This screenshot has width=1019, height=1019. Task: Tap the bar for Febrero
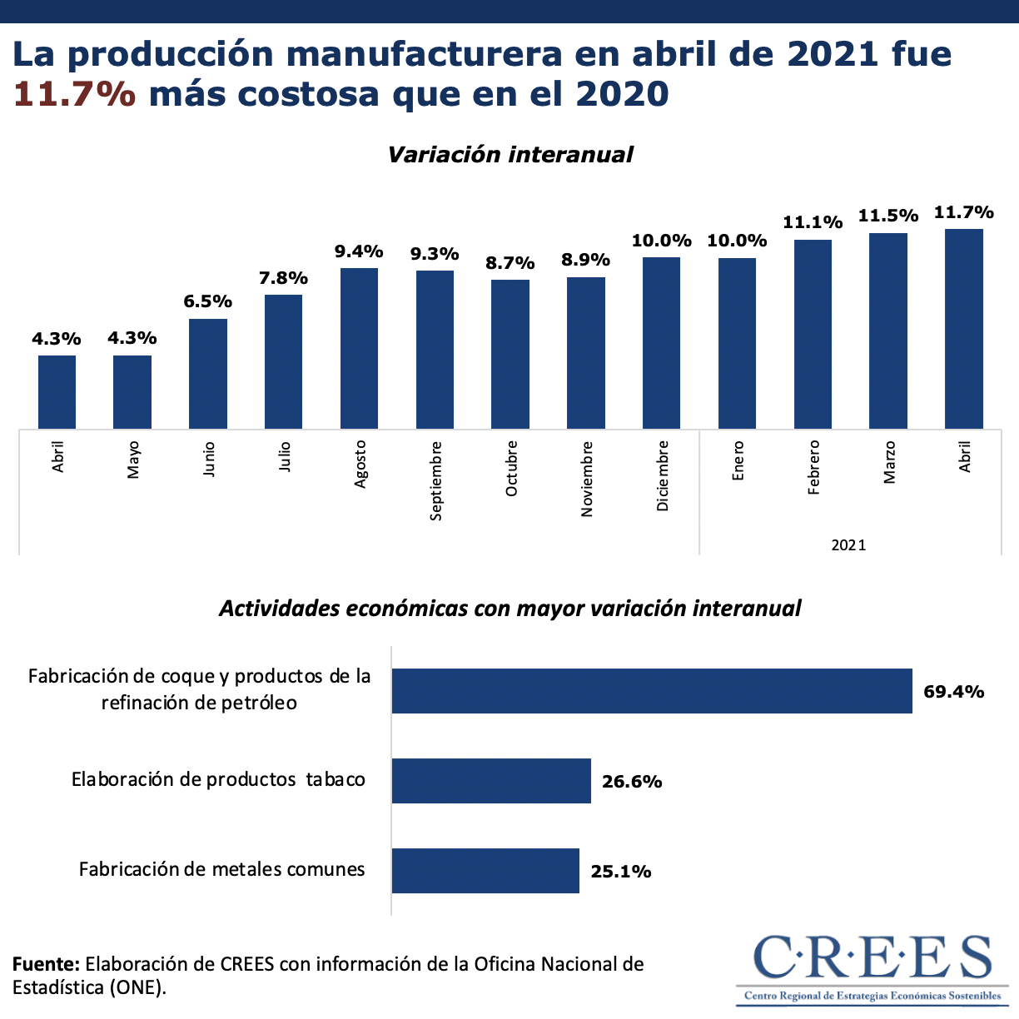[813, 334]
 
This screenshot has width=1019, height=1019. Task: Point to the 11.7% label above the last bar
[963, 212]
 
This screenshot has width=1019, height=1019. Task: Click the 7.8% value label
[283, 278]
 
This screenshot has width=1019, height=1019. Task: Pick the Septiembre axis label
[435, 481]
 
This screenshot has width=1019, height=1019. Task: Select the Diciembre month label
[662, 475]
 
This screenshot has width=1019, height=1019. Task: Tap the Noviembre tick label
[587, 480]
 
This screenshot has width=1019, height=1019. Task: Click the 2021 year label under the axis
[848, 545]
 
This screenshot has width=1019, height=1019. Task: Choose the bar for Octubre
[510, 354]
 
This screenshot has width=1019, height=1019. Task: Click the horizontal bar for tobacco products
[491, 781]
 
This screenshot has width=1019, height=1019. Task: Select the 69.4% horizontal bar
[652, 691]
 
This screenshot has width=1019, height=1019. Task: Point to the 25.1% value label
[621, 872]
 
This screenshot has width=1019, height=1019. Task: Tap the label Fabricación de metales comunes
[222, 869]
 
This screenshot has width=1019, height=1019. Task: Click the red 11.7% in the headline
[74, 94]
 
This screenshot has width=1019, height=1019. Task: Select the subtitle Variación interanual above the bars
[510, 155]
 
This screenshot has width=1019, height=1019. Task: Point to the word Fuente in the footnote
[46, 964]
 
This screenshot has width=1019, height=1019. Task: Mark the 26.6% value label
[632, 781]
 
